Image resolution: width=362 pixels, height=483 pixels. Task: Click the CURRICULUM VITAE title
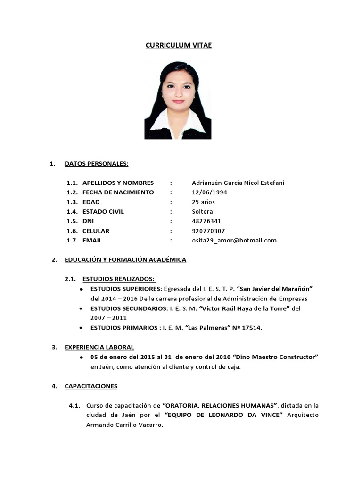(178, 45)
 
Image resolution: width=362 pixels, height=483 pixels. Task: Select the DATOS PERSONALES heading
(96, 164)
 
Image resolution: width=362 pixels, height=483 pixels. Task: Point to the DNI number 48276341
(206, 221)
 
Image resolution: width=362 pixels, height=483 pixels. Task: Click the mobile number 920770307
(208, 231)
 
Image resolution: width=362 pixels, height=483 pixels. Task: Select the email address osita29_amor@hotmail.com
(234, 240)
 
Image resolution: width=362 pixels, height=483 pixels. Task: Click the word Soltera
(202, 212)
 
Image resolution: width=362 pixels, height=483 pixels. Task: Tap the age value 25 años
(204, 202)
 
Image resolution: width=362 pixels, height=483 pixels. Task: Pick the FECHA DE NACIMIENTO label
(118, 192)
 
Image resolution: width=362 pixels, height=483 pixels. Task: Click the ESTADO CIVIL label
(103, 212)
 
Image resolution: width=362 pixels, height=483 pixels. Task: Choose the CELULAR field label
(96, 231)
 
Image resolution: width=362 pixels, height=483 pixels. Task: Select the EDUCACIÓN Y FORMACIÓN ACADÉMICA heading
(125, 259)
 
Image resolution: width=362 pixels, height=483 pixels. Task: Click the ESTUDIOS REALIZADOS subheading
(118, 279)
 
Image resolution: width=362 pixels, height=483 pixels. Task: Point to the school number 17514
(251, 328)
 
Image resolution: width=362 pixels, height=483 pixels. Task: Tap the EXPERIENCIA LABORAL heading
(99, 347)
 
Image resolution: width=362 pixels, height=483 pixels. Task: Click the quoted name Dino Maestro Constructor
(276, 357)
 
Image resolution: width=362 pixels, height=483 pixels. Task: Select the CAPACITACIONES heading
(91, 386)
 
